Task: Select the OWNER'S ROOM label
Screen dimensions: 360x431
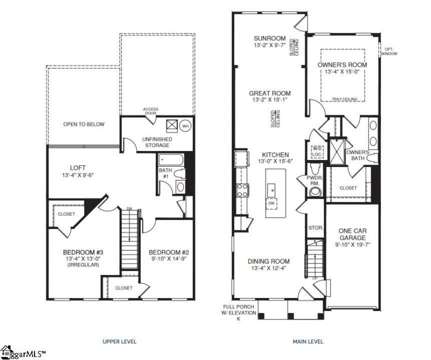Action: click(x=342, y=65)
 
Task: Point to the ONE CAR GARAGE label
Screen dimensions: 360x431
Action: click(x=352, y=234)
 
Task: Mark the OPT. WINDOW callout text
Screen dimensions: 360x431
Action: click(x=388, y=51)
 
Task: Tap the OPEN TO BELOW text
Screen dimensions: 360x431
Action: click(x=84, y=124)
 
